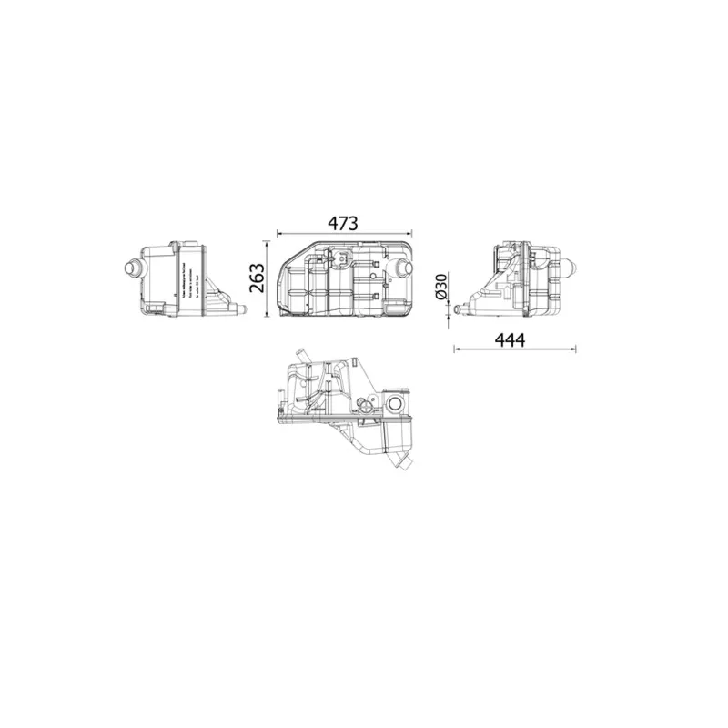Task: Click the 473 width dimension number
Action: click(x=344, y=222)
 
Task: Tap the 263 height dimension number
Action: click(x=256, y=278)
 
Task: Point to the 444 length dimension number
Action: click(x=511, y=339)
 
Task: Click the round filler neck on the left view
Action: click(x=130, y=268)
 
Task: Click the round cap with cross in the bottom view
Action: click(x=368, y=405)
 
